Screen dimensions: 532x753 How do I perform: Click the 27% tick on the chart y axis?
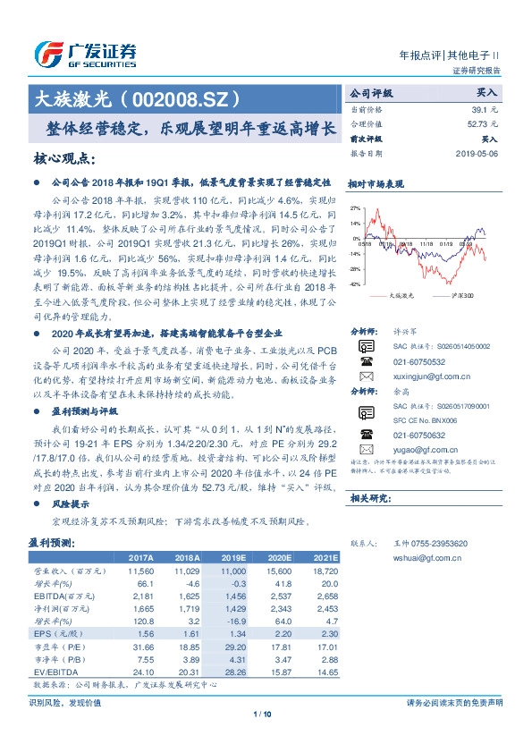[356, 207]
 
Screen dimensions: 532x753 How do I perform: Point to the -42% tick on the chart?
[355, 283]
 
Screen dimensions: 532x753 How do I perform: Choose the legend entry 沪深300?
[461, 294]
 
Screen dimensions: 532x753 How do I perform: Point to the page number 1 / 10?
[262, 714]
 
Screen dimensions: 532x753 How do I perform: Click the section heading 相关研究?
[367, 497]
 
